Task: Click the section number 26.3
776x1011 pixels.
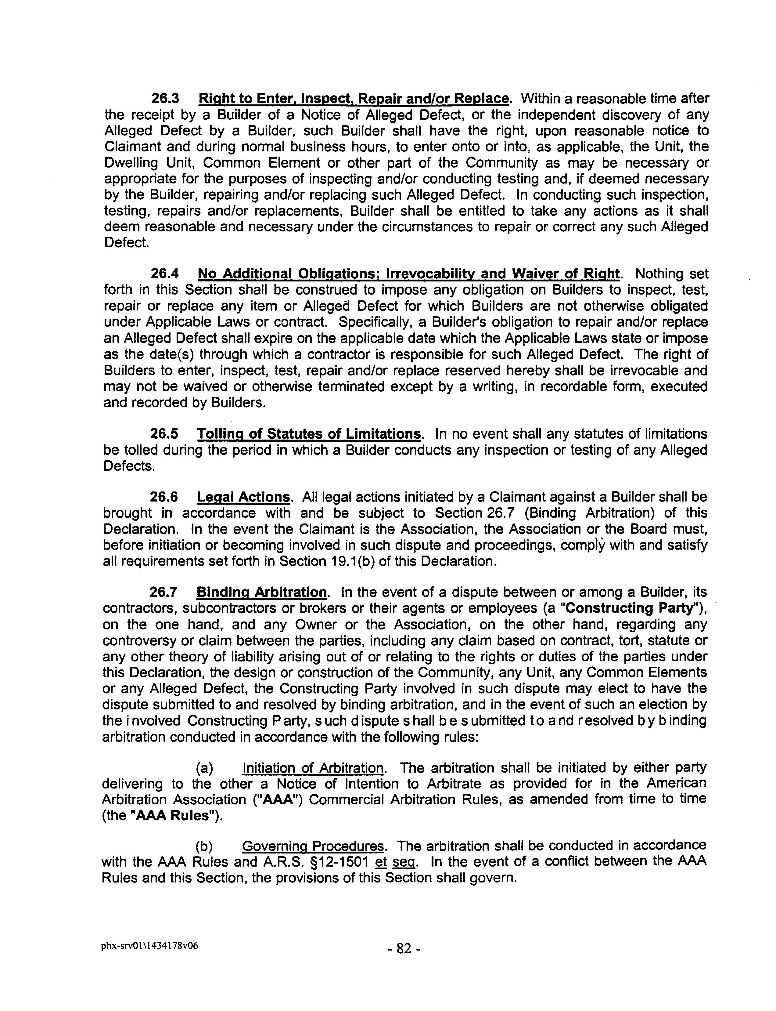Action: click(x=165, y=99)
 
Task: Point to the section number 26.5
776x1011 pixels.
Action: click(x=164, y=434)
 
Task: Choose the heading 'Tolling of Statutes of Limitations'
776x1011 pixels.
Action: click(x=309, y=434)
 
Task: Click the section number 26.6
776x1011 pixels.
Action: click(x=164, y=497)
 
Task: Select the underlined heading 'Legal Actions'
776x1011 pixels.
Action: click(x=243, y=497)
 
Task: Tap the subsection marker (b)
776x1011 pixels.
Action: click(x=205, y=846)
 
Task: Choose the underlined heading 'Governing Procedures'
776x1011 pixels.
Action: click(x=313, y=846)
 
